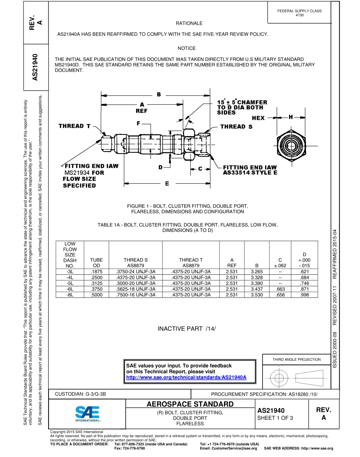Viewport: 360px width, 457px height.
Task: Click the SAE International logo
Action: tap(87, 415)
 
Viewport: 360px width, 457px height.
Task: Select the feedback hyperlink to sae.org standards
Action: tap(186, 377)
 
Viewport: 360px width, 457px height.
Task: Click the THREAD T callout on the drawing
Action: tap(75, 126)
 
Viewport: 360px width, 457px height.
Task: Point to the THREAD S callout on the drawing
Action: tap(236, 127)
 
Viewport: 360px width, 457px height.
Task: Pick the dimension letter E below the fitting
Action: tap(167, 184)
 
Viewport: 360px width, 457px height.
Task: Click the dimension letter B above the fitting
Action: tap(159, 94)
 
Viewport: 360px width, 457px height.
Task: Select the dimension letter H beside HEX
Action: tap(291, 117)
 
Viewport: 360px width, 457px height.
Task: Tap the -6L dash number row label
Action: tap(70, 289)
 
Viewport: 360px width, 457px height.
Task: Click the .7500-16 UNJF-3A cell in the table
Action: tap(135, 295)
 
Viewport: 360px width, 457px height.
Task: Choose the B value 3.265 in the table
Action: tap(257, 272)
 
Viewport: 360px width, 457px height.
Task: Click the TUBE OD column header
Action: tap(96, 263)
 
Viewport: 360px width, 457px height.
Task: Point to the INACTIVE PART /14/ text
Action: tap(186, 329)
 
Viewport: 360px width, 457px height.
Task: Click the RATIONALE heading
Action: tap(189, 23)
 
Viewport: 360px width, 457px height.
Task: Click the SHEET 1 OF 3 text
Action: tap(275, 418)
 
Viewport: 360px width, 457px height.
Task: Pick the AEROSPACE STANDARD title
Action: tap(190, 404)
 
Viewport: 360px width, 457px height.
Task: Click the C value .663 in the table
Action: tap(280, 289)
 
